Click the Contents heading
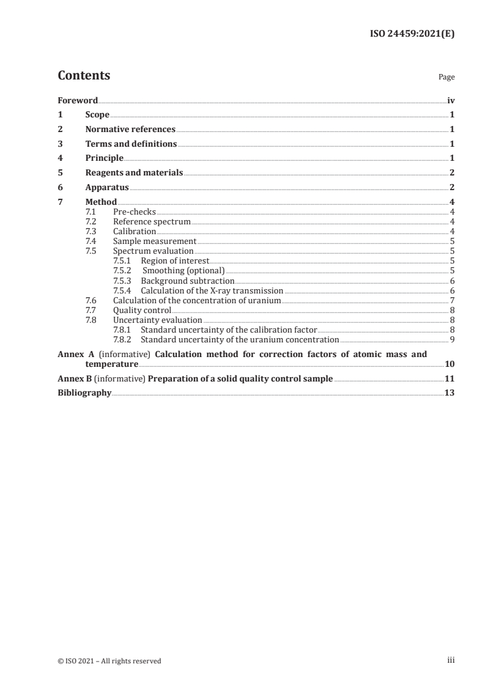(x=84, y=76)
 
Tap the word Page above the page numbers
(x=446, y=78)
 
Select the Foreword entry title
(x=78, y=100)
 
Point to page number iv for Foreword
(x=450, y=100)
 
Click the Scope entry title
(x=97, y=115)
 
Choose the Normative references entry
(x=130, y=130)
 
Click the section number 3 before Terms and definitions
(x=60, y=144)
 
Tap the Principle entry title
(x=105, y=158)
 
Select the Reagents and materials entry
(x=134, y=173)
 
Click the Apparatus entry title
(x=108, y=188)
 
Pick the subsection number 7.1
(x=91, y=212)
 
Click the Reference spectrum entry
(x=152, y=221)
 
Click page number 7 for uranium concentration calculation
(x=451, y=300)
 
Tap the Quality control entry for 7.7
(x=142, y=310)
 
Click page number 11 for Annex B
(x=450, y=379)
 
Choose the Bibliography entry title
(x=84, y=393)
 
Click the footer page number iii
(x=450, y=660)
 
